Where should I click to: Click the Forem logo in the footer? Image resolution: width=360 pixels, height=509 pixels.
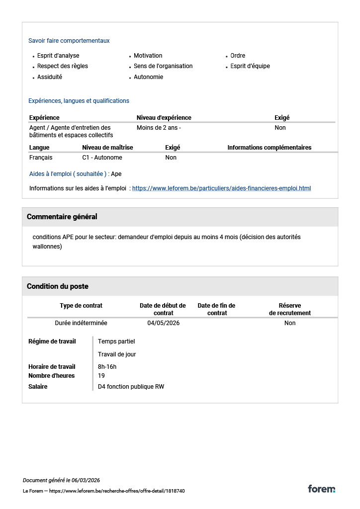pos(321,489)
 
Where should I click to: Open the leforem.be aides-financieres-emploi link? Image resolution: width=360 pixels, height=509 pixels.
pos(221,188)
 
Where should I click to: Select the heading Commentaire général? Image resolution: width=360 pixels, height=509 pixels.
pos(62,217)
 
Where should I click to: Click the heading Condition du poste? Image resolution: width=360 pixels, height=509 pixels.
pos(58,286)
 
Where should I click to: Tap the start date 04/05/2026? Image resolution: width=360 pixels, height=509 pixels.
pos(164,323)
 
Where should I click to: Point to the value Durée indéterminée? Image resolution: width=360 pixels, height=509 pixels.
pos(81,323)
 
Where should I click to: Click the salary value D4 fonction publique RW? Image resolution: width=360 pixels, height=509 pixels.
pos(131,386)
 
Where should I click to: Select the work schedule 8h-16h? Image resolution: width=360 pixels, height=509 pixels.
pos(107,367)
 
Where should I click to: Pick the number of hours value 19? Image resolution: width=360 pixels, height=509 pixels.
pos(101,376)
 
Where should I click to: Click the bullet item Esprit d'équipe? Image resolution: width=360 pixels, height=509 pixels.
pos(250,66)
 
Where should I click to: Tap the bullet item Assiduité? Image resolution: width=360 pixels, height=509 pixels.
pos(50,77)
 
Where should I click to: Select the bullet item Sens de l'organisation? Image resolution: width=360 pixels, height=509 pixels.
pos(163,66)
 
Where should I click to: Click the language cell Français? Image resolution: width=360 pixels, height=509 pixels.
pos(41,158)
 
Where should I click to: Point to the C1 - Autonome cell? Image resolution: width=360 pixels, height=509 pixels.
pos(102,158)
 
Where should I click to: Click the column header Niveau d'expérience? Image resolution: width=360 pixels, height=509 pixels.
pos(164,118)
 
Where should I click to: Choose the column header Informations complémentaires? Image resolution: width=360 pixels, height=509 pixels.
pos(270,148)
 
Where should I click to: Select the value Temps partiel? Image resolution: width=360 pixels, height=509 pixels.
pos(116,341)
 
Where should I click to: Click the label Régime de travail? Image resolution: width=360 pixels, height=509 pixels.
pos(52,341)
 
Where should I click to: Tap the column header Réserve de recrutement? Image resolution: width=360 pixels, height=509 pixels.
pos(290,309)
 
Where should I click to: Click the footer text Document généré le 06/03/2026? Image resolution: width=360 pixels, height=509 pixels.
pos(62,480)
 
